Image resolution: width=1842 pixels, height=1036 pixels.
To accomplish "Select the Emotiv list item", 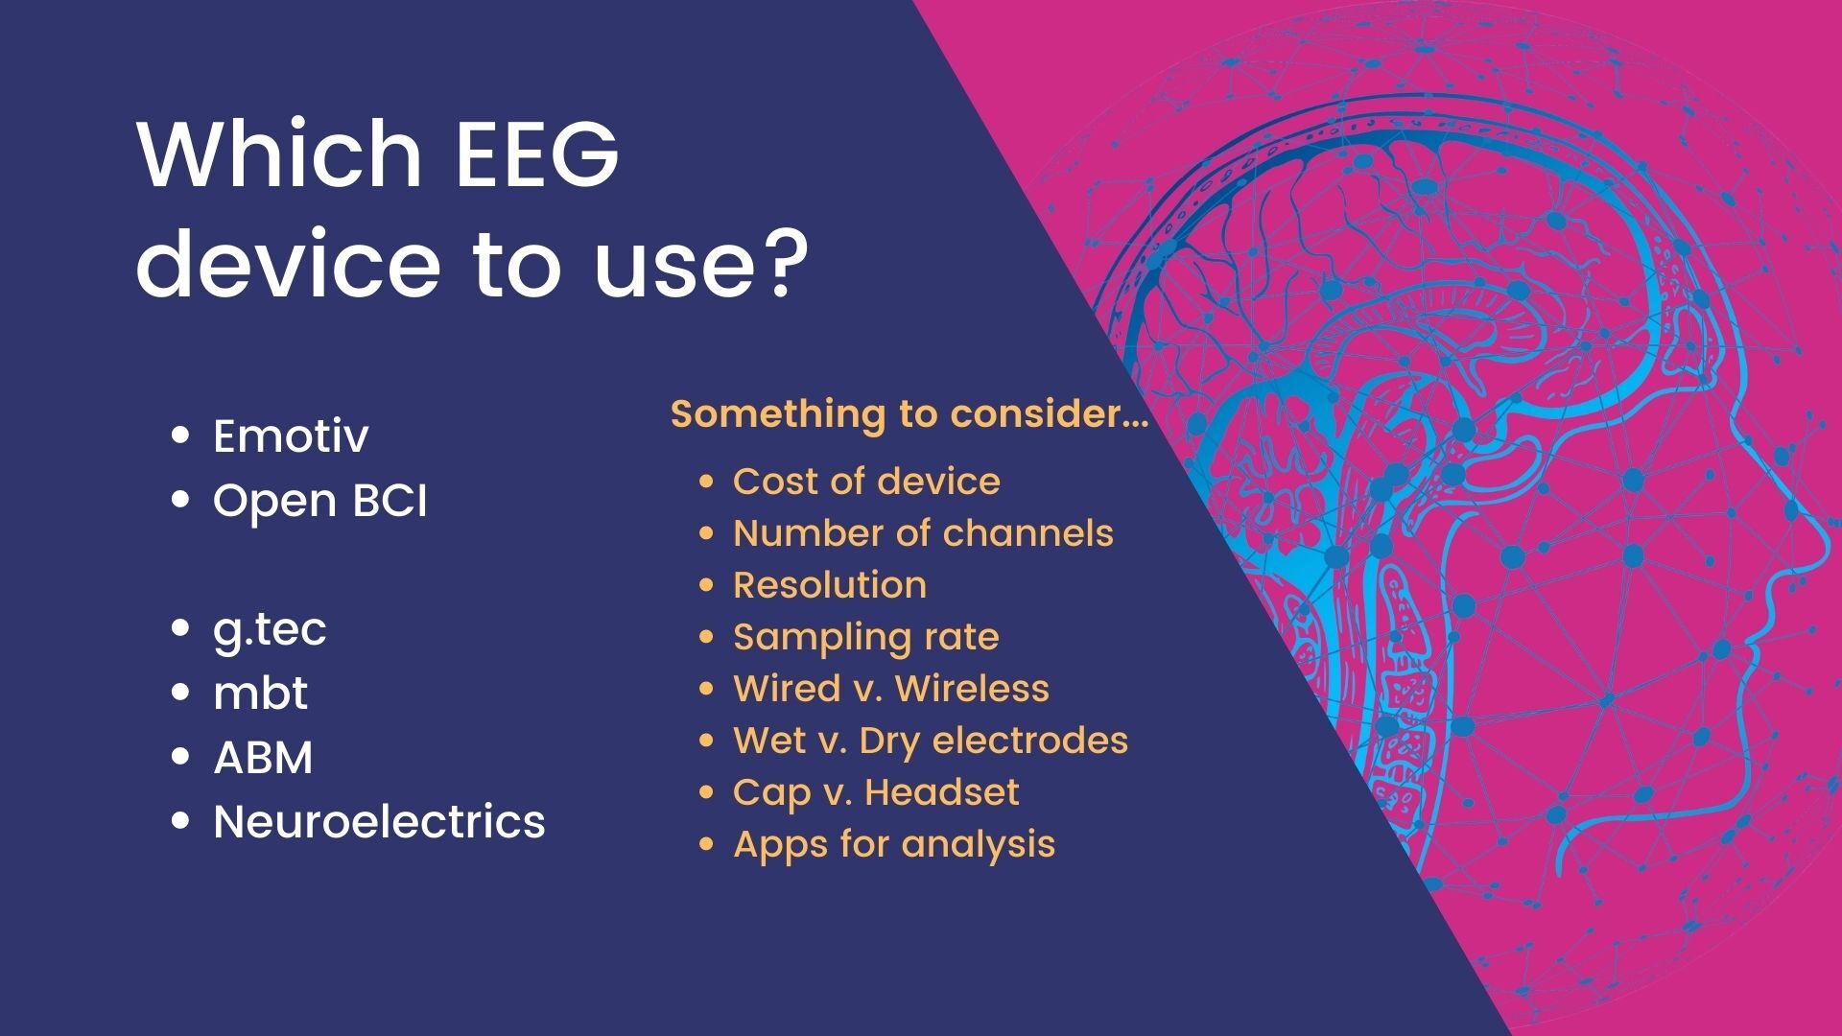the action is pyautogui.click(x=291, y=436).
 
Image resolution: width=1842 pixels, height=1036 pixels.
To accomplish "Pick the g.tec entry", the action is pyautogui.click(x=270, y=630).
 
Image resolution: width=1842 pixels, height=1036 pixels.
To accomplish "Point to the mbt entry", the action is pyautogui.click(x=260, y=693).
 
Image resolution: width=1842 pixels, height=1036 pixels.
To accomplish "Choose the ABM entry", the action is pyautogui.click(x=263, y=758).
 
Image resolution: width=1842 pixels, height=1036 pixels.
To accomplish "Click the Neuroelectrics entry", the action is pyautogui.click(x=379, y=822).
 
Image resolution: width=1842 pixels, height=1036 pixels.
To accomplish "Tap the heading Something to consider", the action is pyautogui.click(x=909, y=414).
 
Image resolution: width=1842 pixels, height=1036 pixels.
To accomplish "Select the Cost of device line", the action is pyautogui.click(x=866, y=481).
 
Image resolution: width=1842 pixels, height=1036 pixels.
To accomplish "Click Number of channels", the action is pyautogui.click(x=923, y=532).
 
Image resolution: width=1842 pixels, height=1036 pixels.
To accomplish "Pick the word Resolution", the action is pyautogui.click(x=830, y=584).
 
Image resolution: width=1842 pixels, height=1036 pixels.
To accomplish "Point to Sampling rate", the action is pyautogui.click(x=865, y=638).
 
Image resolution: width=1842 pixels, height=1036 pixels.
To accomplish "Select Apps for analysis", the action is pyautogui.click(x=894, y=845).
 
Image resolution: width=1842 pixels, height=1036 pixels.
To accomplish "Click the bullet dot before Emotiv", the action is pyautogui.click(x=180, y=436).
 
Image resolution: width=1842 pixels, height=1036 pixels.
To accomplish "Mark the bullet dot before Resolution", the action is pyautogui.click(x=707, y=584).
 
